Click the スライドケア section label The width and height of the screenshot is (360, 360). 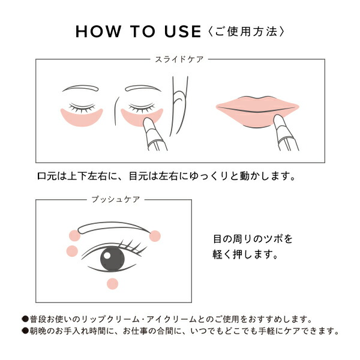tap(179, 59)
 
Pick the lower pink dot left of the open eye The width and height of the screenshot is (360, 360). tap(73, 251)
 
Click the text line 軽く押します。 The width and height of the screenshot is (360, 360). tap(247, 254)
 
